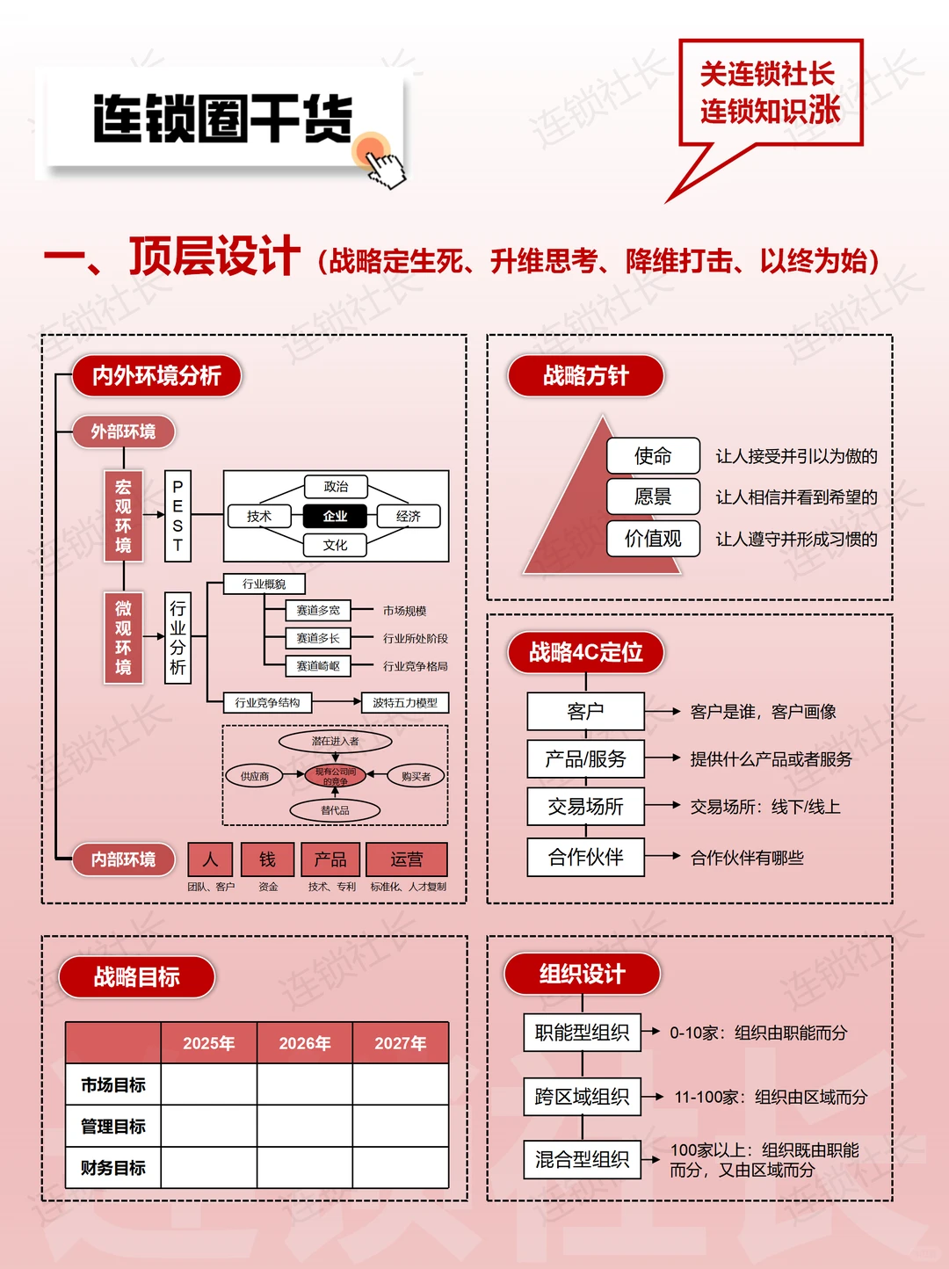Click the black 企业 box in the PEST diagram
coord(335,516)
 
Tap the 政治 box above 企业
coord(335,486)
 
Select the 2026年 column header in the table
coord(305,1043)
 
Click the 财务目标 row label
coord(113,1167)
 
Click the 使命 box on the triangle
coord(653,455)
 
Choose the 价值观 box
coord(653,538)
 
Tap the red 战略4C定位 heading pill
coord(585,652)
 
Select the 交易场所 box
coord(585,806)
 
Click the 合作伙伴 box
coord(585,857)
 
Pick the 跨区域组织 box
coord(582,1096)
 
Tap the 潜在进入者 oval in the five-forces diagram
coord(335,741)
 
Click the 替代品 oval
coord(335,810)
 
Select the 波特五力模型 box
coord(405,702)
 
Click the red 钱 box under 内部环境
coord(267,859)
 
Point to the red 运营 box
coord(406,859)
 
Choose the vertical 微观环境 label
coord(123,637)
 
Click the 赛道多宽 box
coord(317,610)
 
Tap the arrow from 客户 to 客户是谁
coord(663,711)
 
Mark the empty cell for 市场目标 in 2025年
coord(208,1084)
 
